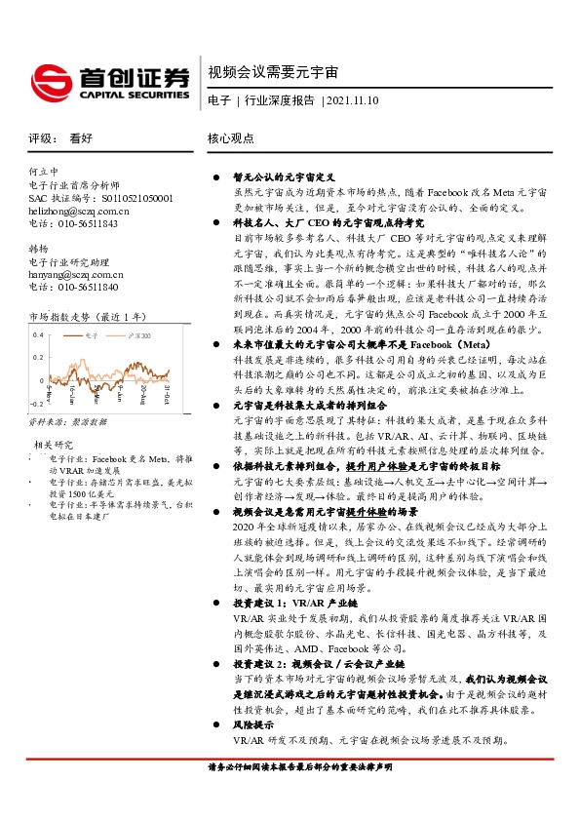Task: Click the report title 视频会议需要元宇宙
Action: point(274,73)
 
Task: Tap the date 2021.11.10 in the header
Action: point(353,100)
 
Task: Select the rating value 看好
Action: point(81,139)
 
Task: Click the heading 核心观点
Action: point(231,139)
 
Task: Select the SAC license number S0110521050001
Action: point(133,198)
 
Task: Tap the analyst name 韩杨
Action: point(39,249)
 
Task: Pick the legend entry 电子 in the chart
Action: point(91,335)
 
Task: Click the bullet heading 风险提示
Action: point(252,726)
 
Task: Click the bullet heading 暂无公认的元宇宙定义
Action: point(283,178)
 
